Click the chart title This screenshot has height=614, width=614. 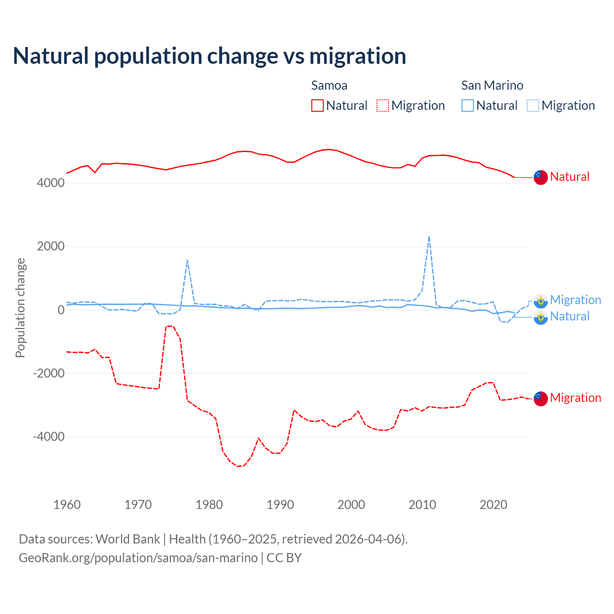point(210,56)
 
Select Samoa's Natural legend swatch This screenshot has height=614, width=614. point(317,106)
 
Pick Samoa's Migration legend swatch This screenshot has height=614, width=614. point(382,106)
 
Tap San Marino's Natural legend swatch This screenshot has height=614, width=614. point(467,106)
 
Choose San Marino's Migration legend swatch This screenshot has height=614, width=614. point(532,106)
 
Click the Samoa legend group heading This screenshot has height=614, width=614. point(329,85)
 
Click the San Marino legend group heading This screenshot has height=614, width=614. point(492,85)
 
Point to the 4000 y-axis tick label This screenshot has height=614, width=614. point(50,183)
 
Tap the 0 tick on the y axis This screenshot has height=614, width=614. point(61,310)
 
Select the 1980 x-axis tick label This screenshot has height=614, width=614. point(209,505)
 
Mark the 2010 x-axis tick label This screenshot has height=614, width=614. point(422,505)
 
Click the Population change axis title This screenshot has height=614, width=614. point(20,307)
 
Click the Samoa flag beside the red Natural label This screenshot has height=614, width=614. point(541,177)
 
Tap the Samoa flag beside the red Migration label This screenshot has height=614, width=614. point(541,399)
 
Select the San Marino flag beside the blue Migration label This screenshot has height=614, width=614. point(541,301)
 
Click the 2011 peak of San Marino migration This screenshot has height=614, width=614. point(429,236)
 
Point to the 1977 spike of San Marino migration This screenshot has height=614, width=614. point(187,260)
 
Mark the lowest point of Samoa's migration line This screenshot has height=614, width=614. point(237,466)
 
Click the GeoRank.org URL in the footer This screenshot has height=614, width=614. point(138,558)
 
